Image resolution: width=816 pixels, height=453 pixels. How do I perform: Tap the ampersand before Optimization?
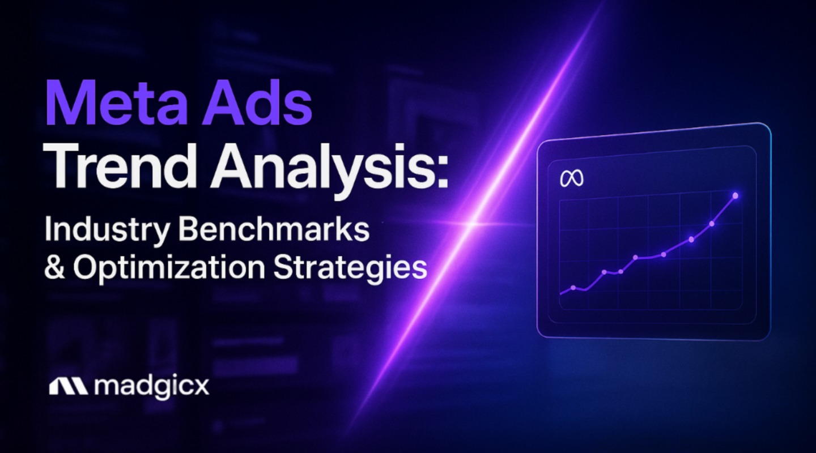click(54, 267)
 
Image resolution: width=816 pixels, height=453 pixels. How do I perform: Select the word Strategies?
click(350, 267)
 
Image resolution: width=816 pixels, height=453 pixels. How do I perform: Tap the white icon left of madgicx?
click(68, 387)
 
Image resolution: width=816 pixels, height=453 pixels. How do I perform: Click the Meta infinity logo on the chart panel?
click(572, 180)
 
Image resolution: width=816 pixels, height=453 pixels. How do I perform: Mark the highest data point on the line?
click(736, 195)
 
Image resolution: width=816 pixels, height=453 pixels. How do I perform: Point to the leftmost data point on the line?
click(573, 288)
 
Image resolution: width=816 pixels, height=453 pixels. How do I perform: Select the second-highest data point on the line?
click(712, 224)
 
